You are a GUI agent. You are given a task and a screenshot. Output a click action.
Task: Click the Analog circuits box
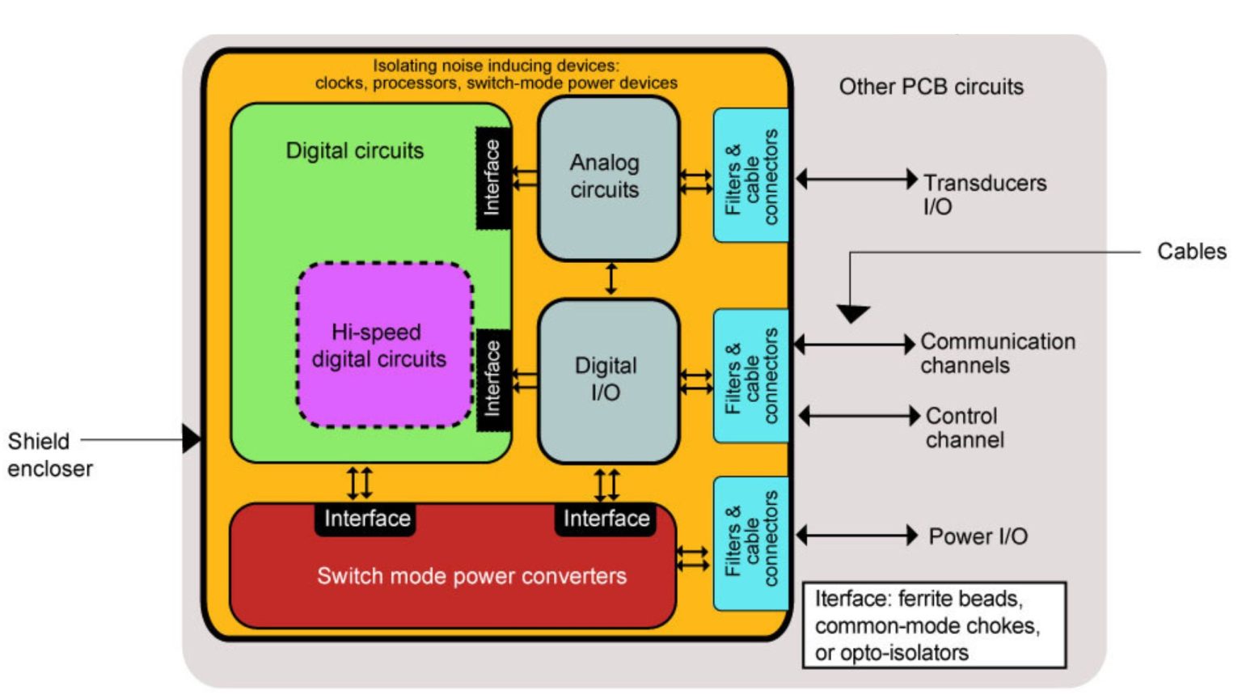point(607,178)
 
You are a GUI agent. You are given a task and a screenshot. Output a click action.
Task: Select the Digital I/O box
point(607,380)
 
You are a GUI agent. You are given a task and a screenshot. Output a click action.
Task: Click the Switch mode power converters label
point(471,576)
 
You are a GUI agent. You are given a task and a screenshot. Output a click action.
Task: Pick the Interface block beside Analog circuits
point(492,178)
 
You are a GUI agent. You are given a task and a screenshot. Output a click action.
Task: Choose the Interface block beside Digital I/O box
point(492,379)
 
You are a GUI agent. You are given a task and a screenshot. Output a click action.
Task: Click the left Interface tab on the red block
point(366,519)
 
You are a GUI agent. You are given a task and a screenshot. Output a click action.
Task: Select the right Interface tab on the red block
point(606,519)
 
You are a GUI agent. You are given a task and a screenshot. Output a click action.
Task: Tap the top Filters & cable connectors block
point(751,176)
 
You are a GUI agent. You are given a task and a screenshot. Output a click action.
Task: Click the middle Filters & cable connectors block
point(751,375)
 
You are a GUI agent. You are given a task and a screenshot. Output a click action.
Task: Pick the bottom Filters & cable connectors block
point(751,543)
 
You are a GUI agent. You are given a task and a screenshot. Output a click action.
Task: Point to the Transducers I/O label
point(983,194)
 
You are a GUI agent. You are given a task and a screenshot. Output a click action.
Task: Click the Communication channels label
point(997,353)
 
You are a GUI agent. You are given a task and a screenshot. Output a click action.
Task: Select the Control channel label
point(964,427)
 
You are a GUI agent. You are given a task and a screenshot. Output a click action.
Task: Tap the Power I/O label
point(978,536)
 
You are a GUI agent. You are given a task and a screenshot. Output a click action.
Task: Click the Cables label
point(1190,252)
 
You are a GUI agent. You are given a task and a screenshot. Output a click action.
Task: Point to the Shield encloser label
point(49,454)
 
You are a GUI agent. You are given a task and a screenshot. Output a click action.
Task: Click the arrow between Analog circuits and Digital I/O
point(610,278)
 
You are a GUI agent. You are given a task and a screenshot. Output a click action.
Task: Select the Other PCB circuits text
point(931,87)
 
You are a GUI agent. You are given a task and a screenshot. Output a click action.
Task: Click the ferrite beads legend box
point(934,625)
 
